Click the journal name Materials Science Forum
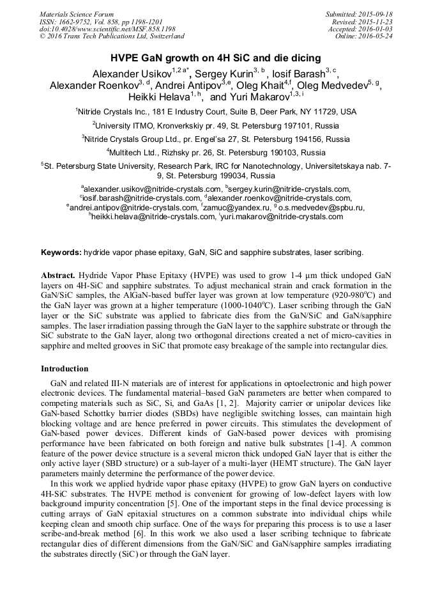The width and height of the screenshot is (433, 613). tap(77, 14)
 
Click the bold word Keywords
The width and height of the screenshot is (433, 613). tap(61, 252)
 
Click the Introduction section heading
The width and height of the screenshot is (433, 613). tap(65, 368)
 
